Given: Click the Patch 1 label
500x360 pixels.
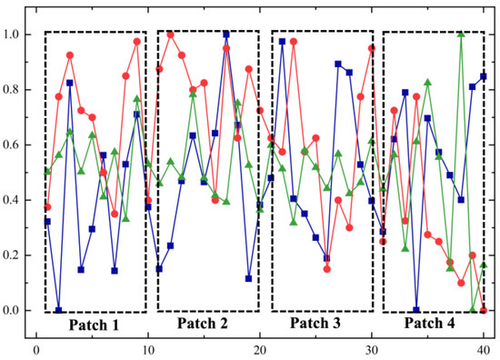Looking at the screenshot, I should pyautogui.click(x=95, y=324).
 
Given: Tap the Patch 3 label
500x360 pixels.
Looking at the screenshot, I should pyautogui.click(x=322, y=323).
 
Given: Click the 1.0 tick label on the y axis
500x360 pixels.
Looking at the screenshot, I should pyautogui.click(x=16, y=35).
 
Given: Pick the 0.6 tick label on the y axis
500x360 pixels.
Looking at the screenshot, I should pyautogui.click(x=16, y=145).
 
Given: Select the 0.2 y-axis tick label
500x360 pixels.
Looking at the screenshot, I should pyautogui.click(x=16, y=255).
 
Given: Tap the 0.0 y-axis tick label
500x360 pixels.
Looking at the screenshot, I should pyautogui.click(x=16, y=310).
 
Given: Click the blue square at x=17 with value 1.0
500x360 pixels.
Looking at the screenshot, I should pyautogui.click(x=226, y=35).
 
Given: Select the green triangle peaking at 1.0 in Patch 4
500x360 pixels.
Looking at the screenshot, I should pyautogui.click(x=462, y=35).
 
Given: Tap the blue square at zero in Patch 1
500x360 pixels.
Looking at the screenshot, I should pyautogui.click(x=58, y=310).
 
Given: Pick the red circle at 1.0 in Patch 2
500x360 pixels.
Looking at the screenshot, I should pyautogui.click(x=171, y=35).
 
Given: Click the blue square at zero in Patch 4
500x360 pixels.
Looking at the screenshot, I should pyautogui.click(x=416, y=310).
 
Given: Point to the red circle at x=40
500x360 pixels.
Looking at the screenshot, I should pyautogui.click(x=484, y=310).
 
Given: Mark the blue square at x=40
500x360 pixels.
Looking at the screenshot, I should pyautogui.click(x=484, y=76).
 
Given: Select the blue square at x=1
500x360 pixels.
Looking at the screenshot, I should pyautogui.click(x=47, y=222).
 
